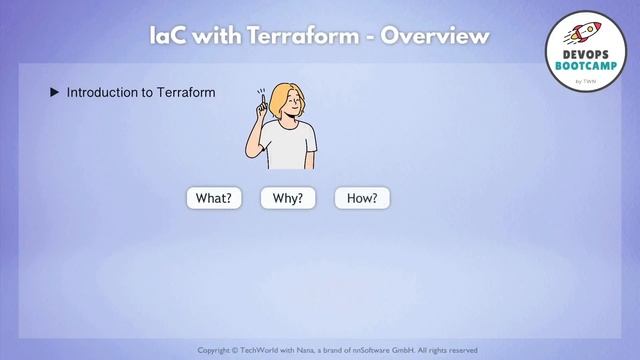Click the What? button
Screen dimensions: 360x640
click(214, 198)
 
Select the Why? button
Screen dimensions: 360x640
click(288, 198)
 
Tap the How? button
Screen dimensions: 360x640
click(362, 198)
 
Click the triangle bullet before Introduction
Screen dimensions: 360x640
click(55, 93)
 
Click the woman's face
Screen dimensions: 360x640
click(286, 103)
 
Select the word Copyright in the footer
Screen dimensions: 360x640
click(219, 350)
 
